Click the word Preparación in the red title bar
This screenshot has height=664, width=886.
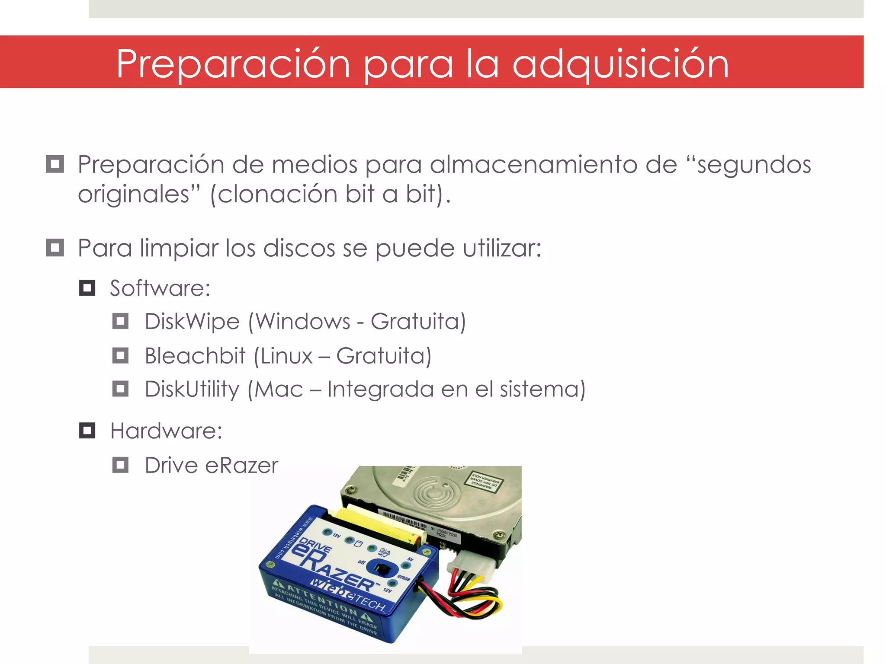[233, 64]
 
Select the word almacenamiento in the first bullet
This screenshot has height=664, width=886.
[533, 165]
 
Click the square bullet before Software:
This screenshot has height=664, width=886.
[87, 288]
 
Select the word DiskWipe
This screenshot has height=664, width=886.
[192, 322]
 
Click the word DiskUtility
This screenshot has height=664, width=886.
[192, 389]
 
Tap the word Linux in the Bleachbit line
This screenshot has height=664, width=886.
[286, 356]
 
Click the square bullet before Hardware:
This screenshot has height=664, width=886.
[87, 431]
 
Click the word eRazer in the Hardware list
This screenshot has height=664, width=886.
[241, 466]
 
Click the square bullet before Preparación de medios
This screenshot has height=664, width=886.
[55, 164]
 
